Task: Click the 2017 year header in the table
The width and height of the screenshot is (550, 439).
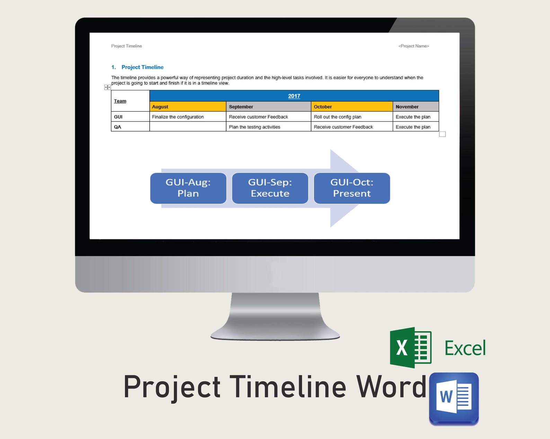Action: coord(294,96)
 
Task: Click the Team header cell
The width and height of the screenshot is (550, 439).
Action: coord(120,101)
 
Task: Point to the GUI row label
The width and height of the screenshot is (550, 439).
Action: coord(118,117)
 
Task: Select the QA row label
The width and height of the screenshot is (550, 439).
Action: coord(118,127)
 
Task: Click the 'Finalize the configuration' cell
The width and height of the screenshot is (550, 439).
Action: coord(178,117)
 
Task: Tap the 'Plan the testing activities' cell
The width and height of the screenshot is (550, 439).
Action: coord(255,127)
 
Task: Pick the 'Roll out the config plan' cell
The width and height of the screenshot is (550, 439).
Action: coord(338,117)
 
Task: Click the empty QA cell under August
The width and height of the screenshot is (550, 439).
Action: coord(187,127)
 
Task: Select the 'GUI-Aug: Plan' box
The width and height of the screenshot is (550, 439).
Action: coord(188,188)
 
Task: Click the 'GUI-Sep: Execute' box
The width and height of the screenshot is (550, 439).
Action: coord(270,188)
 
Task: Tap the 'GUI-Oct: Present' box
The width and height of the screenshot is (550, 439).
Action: coord(352,188)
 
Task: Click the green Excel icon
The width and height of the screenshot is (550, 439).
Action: coord(411,347)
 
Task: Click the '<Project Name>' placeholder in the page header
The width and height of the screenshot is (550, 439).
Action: coord(414,46)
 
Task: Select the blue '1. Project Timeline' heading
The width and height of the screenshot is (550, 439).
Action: coord(137,67)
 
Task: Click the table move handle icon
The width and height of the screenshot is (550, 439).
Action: coord(107,87)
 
